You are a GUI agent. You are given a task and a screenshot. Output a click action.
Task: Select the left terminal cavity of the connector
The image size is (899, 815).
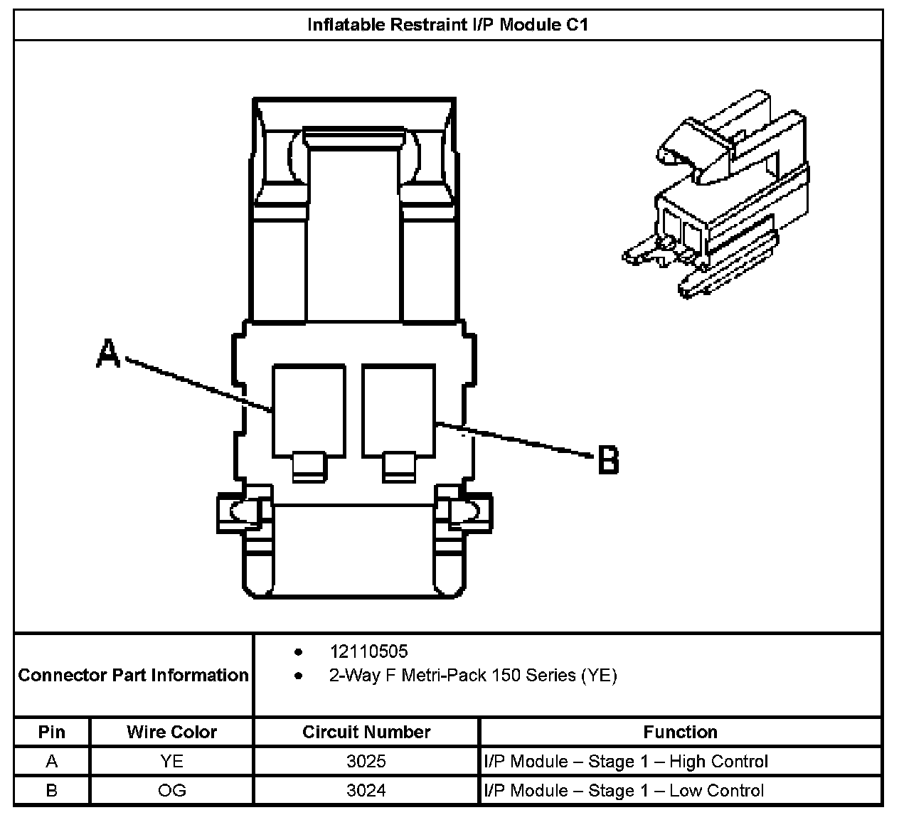pos(309,410)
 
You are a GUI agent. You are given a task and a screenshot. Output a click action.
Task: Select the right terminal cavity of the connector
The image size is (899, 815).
pos(398,410)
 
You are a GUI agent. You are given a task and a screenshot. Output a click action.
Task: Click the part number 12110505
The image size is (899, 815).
pos(368,651)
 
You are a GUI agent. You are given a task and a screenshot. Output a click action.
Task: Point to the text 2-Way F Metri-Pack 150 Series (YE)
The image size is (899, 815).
pos(472,675)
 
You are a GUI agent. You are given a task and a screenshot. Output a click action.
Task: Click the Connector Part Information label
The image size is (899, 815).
pos(134,675)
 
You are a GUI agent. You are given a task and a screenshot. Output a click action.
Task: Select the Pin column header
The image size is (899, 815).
pos(51,732)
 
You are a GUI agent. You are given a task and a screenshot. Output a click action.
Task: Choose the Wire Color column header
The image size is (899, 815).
pos(171,732)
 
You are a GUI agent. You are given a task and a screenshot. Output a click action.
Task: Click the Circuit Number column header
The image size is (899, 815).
pos(366,732)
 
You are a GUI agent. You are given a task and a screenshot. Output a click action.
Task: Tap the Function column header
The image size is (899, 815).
pos(680,732)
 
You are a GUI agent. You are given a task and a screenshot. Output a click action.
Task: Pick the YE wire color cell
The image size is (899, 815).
pos(171,762)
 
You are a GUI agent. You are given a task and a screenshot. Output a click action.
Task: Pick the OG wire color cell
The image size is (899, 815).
pos(171,790)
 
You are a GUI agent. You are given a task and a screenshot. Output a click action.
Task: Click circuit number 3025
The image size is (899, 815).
pos(366,762)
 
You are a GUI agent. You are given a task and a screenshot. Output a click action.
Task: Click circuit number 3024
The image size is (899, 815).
pos(366,790)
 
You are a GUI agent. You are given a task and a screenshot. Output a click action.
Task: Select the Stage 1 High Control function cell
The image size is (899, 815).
pos(626,762)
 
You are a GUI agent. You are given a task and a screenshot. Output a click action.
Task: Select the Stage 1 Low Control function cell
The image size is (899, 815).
pos(624,790)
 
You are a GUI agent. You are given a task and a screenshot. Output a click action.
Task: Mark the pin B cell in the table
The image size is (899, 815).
pos(51,790)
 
